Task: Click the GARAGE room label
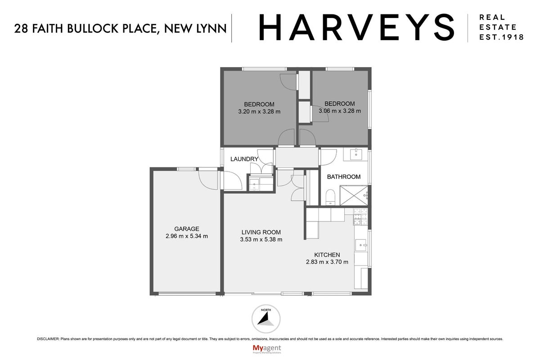point(187,229)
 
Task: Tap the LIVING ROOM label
point(261,232)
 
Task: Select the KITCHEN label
point(327,255)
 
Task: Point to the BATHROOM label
point(344,177)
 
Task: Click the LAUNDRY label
point(244,159)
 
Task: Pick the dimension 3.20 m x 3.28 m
point(259,112)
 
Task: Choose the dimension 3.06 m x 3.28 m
point(340,111)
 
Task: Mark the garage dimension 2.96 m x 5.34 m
point(187,236)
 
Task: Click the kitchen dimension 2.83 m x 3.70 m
point(327,262)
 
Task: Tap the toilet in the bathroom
point(330,197)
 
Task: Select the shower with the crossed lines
point(354,196)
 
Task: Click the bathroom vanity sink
point(356,154)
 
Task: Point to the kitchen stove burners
point(360,217)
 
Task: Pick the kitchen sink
point(361,245)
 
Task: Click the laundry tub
point(254,184)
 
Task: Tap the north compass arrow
point(265,319)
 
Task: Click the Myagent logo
point(266,349)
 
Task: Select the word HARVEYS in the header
point(356,27)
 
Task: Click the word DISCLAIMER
point(48,339)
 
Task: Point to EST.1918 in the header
point(501,37)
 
